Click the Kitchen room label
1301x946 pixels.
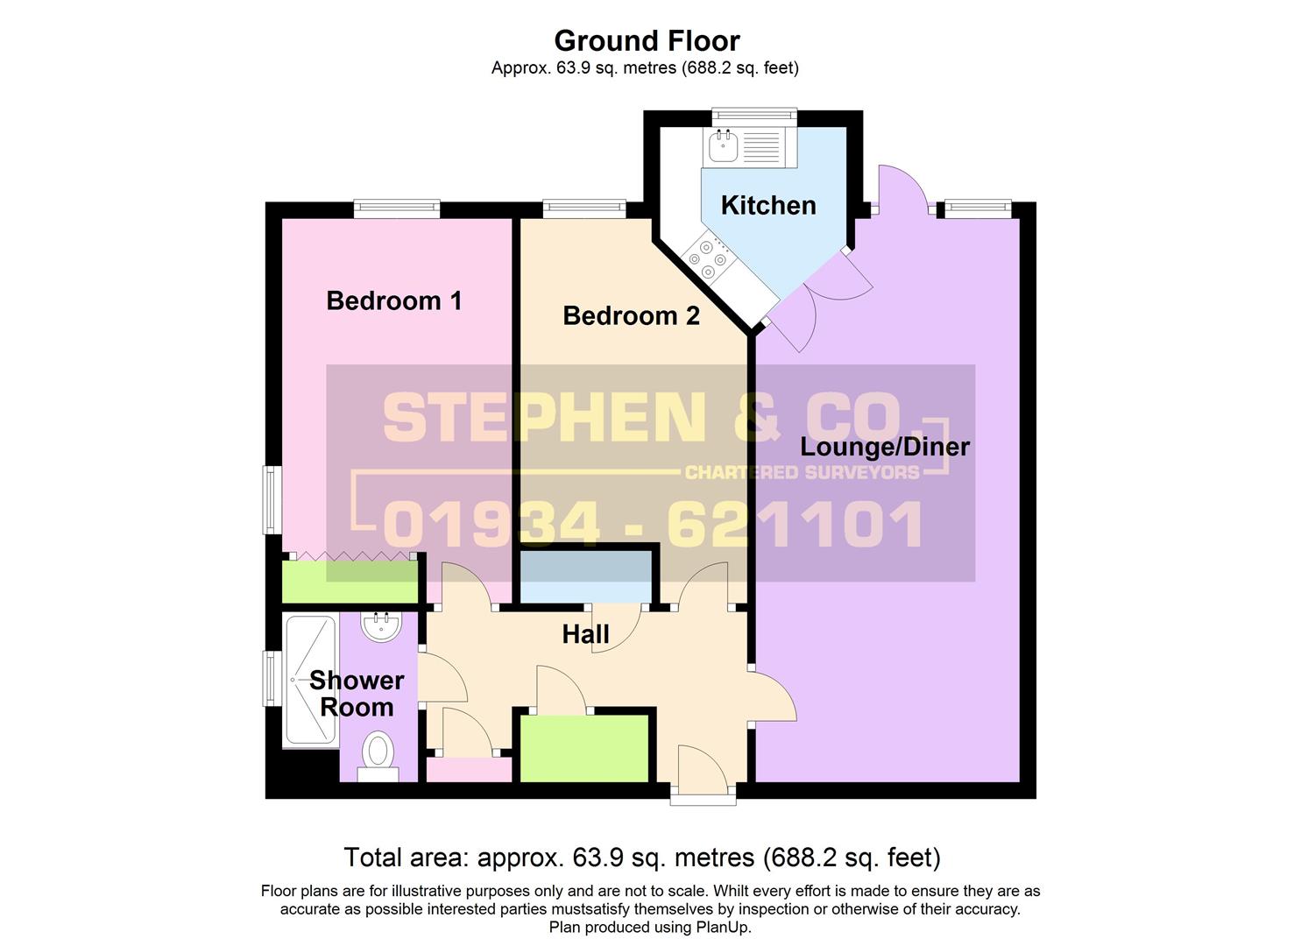768,206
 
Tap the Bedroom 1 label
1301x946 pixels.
394,300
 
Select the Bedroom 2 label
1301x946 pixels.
632,316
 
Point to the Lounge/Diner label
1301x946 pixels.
885,447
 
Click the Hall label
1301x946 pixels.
585,634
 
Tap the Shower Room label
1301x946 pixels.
357,694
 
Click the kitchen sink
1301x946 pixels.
723,145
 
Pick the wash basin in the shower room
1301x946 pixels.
381,626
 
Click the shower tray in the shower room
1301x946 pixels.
311,681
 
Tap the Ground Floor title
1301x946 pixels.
647,41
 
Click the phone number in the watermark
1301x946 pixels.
653,525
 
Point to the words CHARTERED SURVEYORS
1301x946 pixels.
803,472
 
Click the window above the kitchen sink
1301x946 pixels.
754,116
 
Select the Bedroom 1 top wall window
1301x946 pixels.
397,209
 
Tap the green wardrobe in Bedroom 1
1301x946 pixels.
350,582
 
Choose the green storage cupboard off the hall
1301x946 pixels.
583,749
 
